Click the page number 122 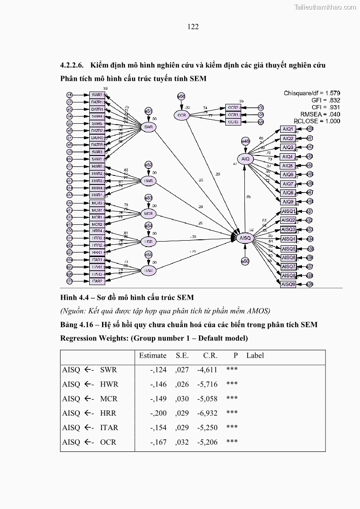(x=193, y=27)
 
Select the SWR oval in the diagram (x=148, y=127)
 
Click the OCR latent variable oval (x=181, y=115)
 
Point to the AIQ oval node (x=245, y=159)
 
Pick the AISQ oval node (x=245, y=238)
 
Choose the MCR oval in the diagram (x=148, y=213)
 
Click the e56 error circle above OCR (x=181, y=96)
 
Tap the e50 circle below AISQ (x=245, y=261)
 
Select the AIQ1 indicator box (x=288, y=129)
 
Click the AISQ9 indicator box (x=288, y=284)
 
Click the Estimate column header (x=152, y=356)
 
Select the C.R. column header (x=210, y=356)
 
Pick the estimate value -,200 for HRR (x=158, y=413)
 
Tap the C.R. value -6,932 (x=207, y=413)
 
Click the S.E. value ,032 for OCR (x=182, y=442)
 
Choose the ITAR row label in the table (x=109, y=427)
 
